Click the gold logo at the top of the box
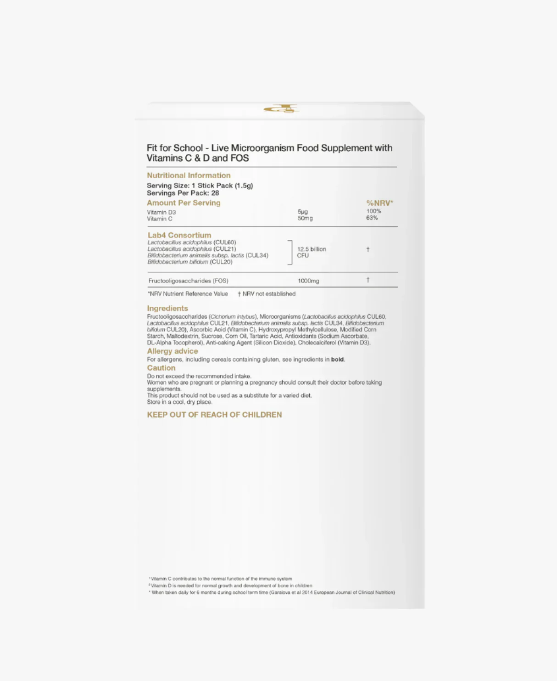click(281, 109)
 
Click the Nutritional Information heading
click(189, 175)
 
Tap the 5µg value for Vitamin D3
click(303, 212)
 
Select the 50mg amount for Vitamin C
click(305, 218)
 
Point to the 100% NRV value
click(373, 211)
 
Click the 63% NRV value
click(372, 218)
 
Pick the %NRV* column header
click(379, 203)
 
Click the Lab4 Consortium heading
click(179, 235)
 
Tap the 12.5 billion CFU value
click(311, 252)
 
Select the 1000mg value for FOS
click(308, 281)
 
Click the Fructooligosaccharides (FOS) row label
click(188, 281)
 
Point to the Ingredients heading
click(167, 309)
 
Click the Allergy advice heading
click(173, 351)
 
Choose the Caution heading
click(161, 368)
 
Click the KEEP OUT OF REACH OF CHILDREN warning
click(214, 415)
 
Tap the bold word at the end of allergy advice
click(337, 360)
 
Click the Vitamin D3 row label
click(161, 212)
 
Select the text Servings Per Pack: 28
click(183, 193)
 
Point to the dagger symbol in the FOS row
click(368, 280)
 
